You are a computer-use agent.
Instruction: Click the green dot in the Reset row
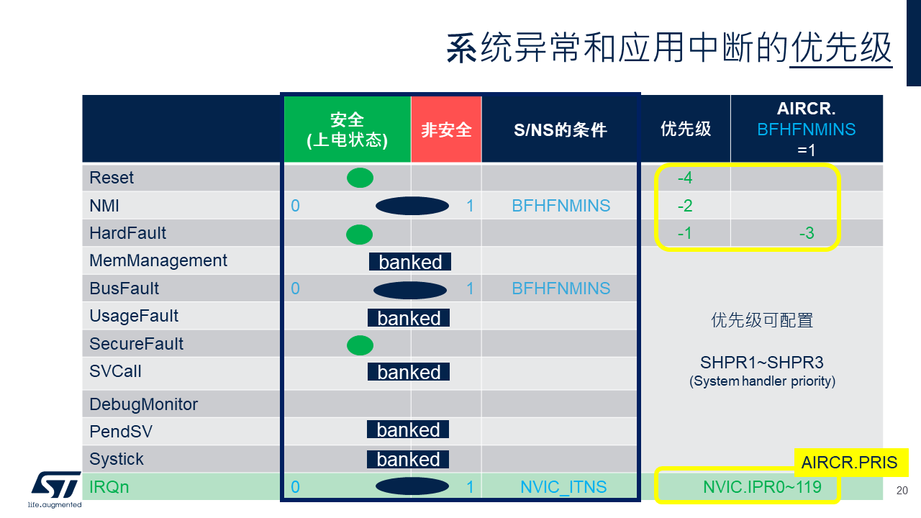(360, 178)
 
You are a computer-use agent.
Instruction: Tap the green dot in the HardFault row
(359, 235)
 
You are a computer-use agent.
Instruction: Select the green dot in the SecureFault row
(360, 345)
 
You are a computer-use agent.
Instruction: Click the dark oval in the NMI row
(412, 206)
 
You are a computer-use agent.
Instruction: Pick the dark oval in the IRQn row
(412, 486)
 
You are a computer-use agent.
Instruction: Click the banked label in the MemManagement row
(410, 262)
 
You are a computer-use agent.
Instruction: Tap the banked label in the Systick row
(408, 459)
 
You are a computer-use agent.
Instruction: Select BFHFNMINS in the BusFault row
(561, 288)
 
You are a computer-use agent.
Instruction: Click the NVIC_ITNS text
(563, 487)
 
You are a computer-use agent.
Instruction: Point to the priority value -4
(685, 178)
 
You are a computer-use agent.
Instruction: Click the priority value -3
(807, 234)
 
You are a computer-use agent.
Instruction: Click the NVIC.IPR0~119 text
(762, 487)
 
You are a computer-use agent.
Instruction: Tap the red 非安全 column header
(446, 129)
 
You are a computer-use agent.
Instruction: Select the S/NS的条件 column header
(560, 130)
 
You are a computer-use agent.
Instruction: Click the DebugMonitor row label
(143, 404)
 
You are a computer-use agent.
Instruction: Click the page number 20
(902, 491)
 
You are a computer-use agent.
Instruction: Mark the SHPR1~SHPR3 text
(762, 363)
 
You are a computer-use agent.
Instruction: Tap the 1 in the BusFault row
(470, 288)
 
